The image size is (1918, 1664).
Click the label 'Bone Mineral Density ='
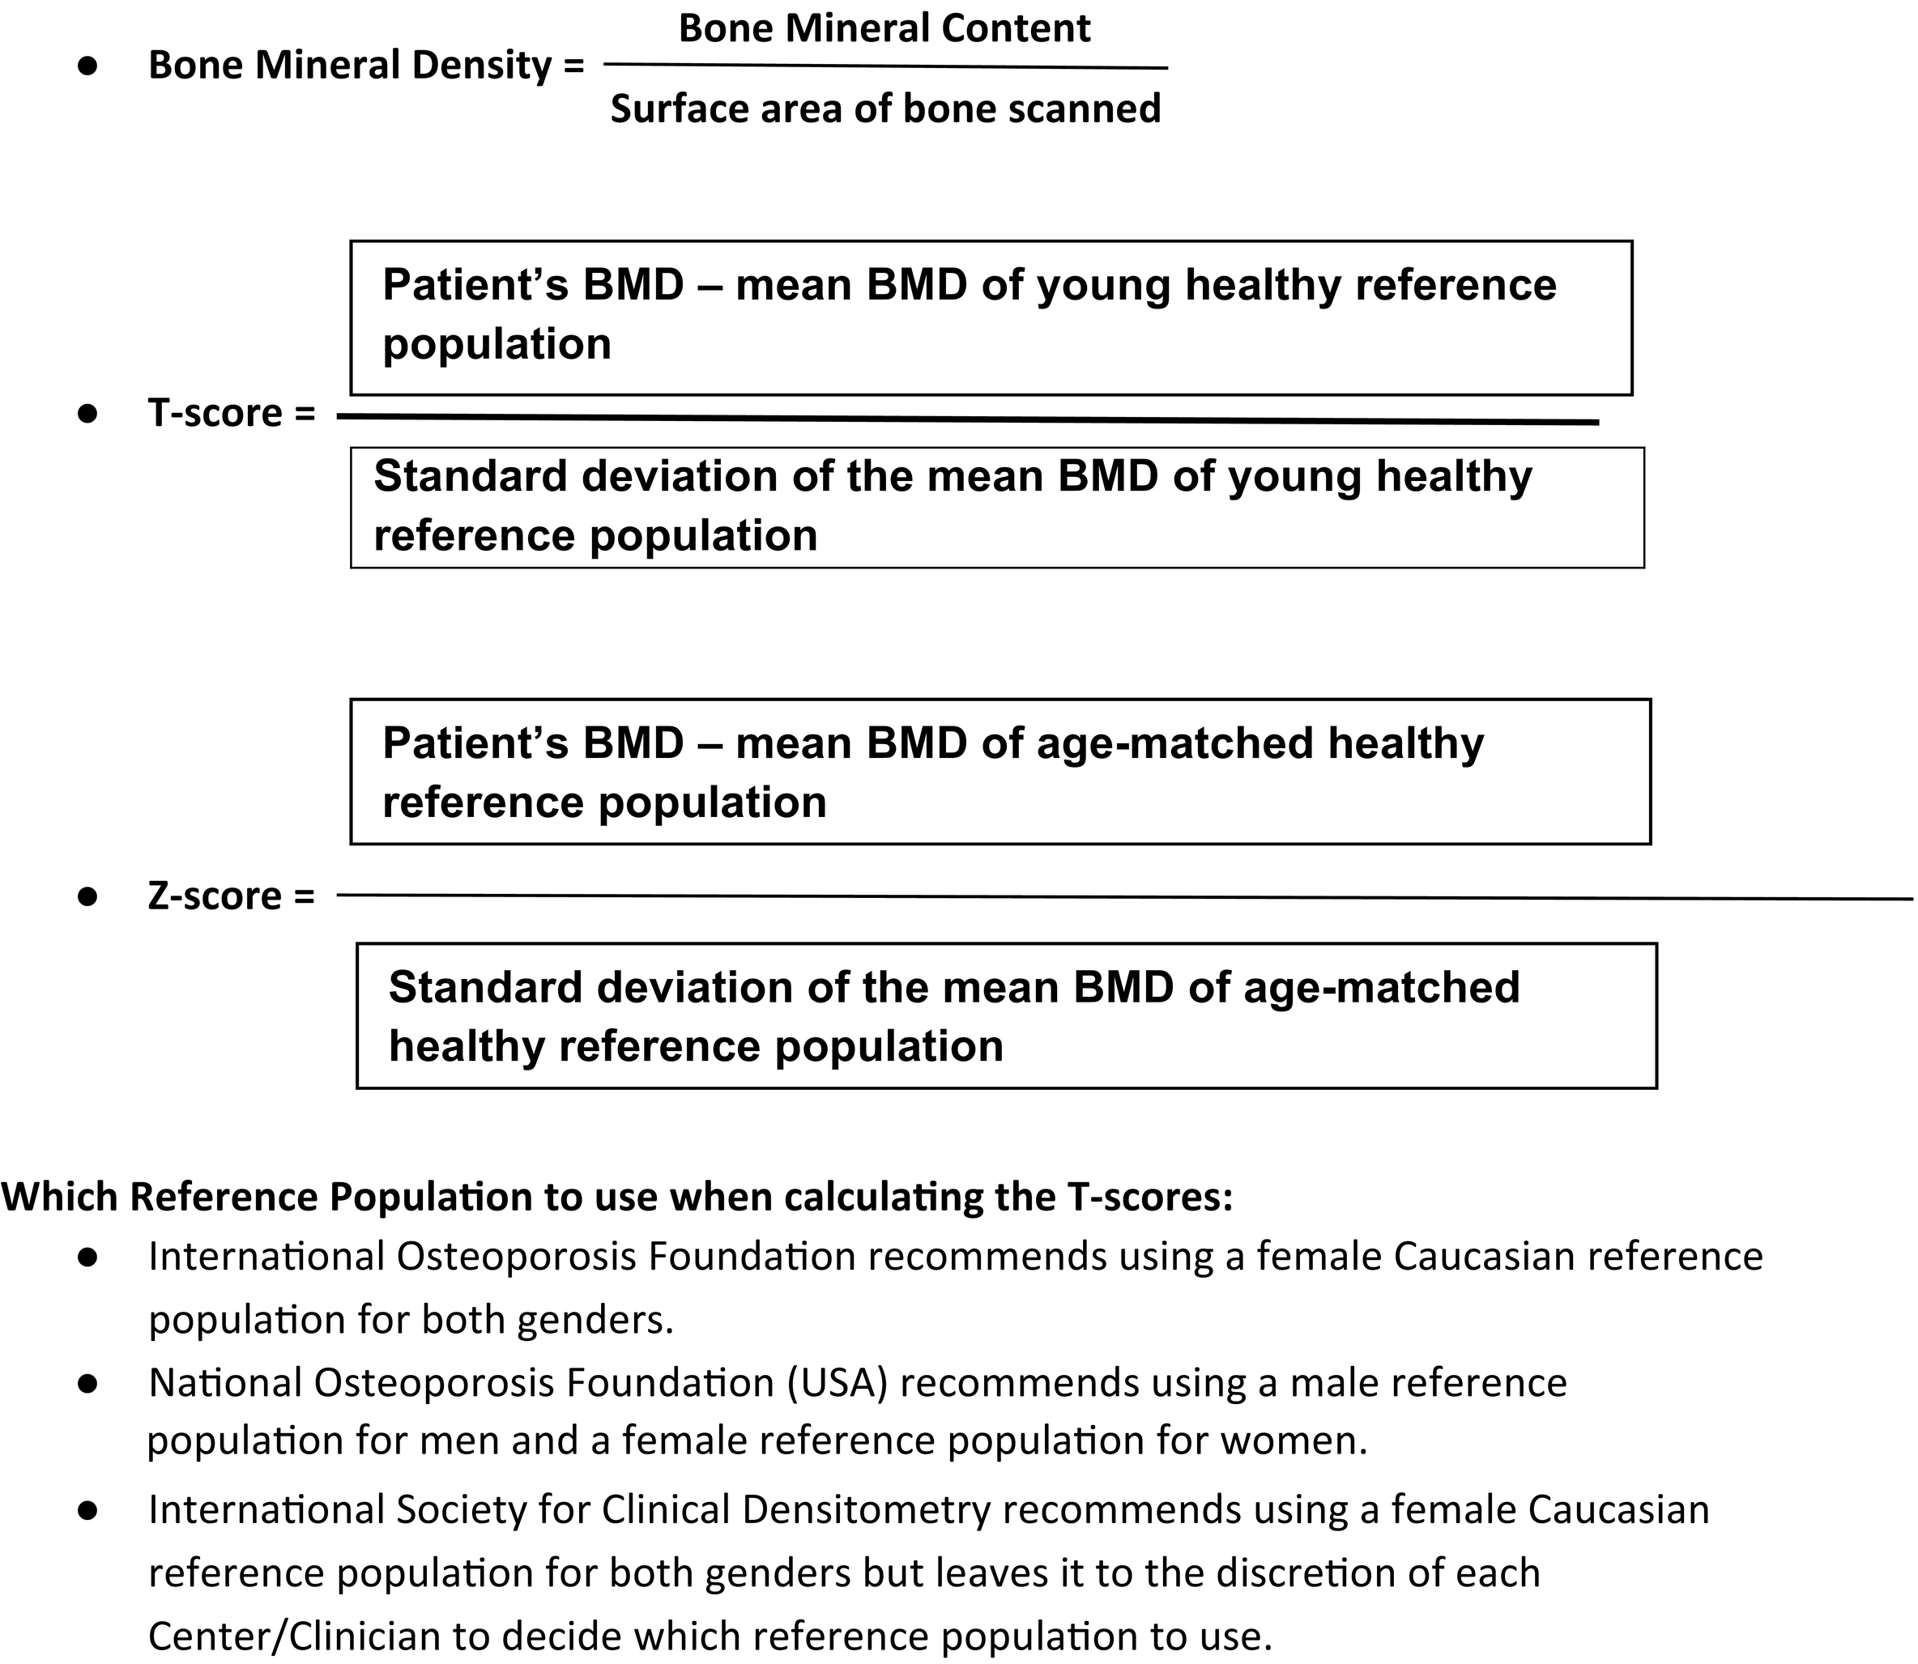point(366,65)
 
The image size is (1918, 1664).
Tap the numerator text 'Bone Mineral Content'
point(884,28)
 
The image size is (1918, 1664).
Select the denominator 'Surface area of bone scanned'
point(885,109)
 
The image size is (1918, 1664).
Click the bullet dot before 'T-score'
point(88,413)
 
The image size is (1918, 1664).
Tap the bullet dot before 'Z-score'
point(88,897)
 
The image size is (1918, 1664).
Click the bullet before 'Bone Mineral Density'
point(88,66)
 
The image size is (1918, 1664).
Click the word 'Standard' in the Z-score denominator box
point(486,987)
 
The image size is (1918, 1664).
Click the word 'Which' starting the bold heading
point(61,1197)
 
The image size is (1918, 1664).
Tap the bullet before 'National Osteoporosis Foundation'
point(88,1384)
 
